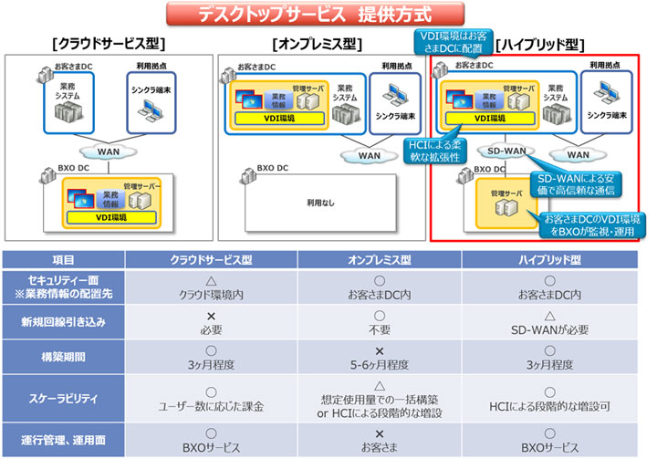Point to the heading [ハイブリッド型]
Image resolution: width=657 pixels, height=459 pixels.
540,44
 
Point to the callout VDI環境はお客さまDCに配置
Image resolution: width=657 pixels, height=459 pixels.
454,41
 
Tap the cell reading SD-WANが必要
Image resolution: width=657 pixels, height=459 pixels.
546,329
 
